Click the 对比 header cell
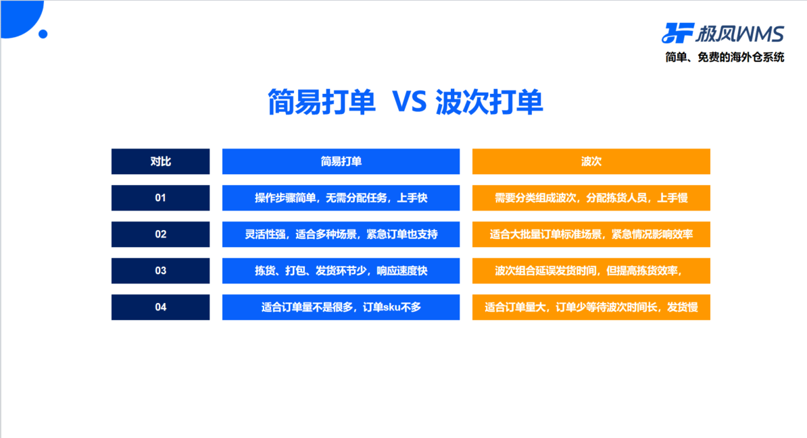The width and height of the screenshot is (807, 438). pyautogui.click(x=161, y=161)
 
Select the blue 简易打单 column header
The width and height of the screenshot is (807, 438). pyautogui.click(x=341, y=161)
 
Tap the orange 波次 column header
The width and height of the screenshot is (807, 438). pyautogui.click(x=591, y=161)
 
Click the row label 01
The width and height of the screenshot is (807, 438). pyautogui.click(x=161, y=198)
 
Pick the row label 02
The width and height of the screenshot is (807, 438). pyautogui.click(x=161, y=234)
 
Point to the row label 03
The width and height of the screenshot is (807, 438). pyautogui.click(x=161, y=271)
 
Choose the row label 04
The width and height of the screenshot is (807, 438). pyautogui.click(x=161, y=308)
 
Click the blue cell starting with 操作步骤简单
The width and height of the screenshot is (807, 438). pyautogui.click(x=341, y=198)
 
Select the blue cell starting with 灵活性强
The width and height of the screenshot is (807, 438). pyautogui.click(x=341, y=234)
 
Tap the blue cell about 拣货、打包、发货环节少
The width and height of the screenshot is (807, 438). pyautogui.click(x=341, y=271)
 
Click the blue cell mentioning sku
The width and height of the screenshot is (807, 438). pyautogui.click(x=341, y=308)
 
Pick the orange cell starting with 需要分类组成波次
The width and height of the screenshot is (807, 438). pyautogui.click(x=591, y=198)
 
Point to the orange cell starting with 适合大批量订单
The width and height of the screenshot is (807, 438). pyautogui.click(x=591, y=234)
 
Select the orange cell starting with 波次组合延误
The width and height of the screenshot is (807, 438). pyautogui.click(x=591, y=271)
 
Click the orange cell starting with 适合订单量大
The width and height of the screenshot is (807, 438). pyautogui.click(x=591, y=308)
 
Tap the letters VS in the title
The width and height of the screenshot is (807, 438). pyautogui.click(x=410, y=102)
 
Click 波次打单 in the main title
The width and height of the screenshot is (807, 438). pyautogui.click(x=489, y=102)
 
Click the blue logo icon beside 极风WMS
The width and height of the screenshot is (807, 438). pyautogui.click(x=677, y=33)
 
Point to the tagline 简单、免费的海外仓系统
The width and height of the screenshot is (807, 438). pyautogui.click(x=725, y=57)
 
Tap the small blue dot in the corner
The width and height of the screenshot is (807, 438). pyautogui.click(x=43, y=34)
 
